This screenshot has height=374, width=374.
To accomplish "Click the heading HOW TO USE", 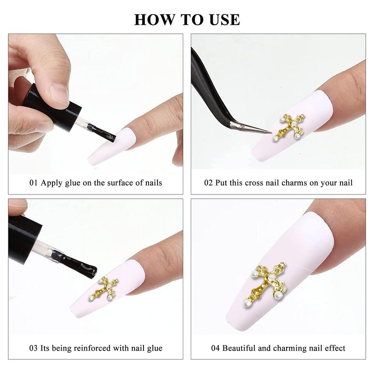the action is click(x=187, y=20).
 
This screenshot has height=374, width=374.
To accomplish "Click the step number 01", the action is click(x=33, y=183).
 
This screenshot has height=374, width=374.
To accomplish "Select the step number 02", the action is click(x=209, y=183).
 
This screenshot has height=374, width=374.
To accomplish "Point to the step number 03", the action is click(x=33, y=348).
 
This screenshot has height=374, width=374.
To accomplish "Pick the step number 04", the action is click(x=216, y=348).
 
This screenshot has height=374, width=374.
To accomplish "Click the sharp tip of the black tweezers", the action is click(x=272, y=133).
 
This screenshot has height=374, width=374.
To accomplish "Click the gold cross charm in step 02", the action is click(x=289, y=127).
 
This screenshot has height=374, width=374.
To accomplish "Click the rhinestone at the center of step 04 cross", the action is click(x=272, y=277).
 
